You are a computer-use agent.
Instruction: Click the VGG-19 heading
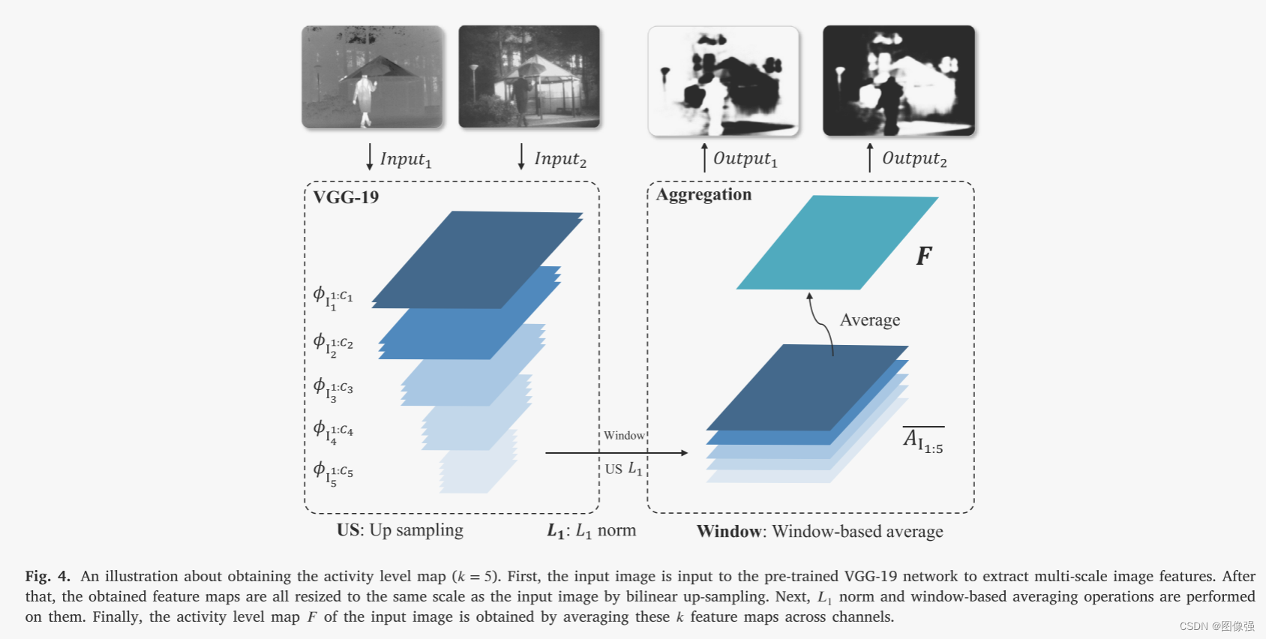coord(346,197)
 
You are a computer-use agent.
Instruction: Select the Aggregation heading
coord(703,195)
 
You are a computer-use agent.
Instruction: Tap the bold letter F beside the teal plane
coord(924,256)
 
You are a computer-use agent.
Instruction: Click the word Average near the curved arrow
coord(870,320)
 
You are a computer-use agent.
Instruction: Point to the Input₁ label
coord(406,159)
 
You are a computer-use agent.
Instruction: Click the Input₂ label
coord(560,159)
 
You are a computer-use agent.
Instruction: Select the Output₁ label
coord(745,159)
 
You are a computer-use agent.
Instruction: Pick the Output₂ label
coord(914,159)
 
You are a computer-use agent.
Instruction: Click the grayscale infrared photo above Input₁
coord(373,76)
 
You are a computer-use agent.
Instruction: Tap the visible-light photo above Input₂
coord(529,76)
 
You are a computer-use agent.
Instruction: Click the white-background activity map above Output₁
coord(724,81)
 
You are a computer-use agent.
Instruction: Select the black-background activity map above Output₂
coord(898,81)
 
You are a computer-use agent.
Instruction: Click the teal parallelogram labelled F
coord(836,243)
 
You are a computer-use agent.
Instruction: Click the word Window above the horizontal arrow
coord(624,436)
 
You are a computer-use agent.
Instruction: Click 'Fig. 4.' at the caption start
coord(47,576)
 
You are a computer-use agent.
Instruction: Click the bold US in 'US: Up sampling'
coord(349,530)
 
